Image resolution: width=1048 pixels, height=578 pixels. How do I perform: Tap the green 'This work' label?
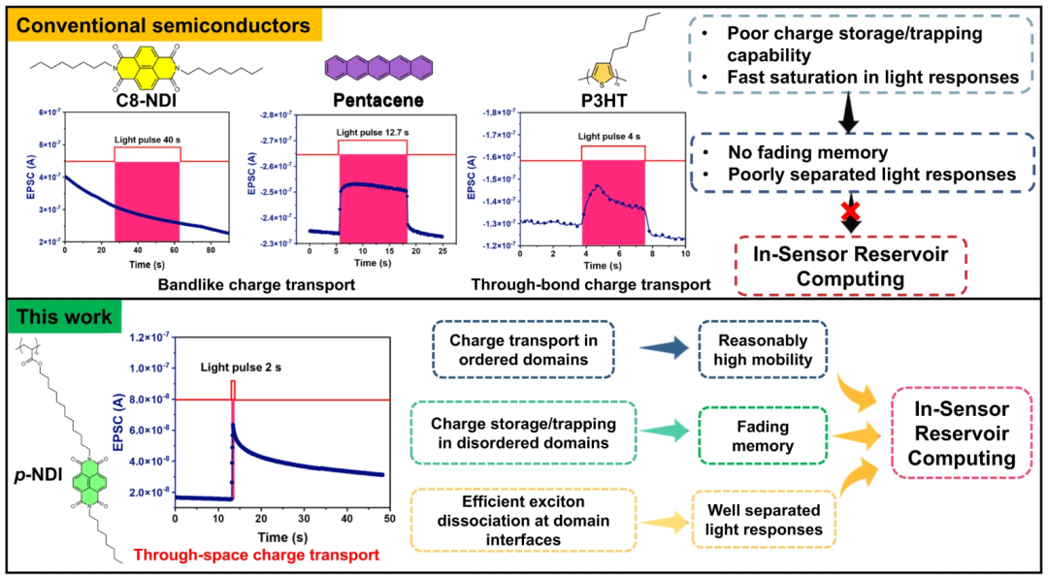click(x=64, y=317)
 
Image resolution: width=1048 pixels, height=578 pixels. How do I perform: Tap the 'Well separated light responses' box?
click(x=763, y=518)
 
